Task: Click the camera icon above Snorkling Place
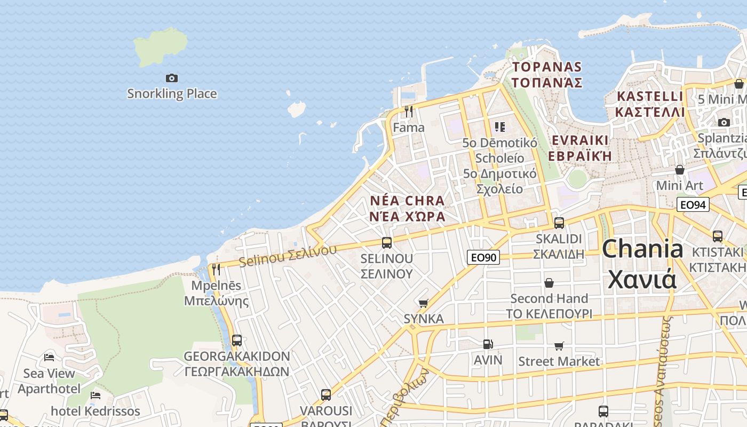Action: [171, 78]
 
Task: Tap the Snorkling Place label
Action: [172, 94]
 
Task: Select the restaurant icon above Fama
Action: [409, 112]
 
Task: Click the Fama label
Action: [409, 128]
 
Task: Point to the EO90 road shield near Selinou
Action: [483, 257]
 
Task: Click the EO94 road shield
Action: [693, 204]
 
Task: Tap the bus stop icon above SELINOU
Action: [387, 243]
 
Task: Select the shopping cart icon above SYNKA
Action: [424, 303]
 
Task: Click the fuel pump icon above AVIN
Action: [488, 344]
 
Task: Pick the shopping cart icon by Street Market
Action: [559, 346]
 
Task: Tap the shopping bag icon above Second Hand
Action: [549, 283]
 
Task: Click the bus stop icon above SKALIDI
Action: [559, 223]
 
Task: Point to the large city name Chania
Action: [642, 250]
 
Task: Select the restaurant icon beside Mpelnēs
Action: [216, 269]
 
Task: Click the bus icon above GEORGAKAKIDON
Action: [237, 340]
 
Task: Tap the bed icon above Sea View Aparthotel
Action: [49, 357]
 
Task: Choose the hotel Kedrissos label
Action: [95, 412]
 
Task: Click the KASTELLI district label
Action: [649, 97]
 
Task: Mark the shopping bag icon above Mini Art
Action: [680, 170]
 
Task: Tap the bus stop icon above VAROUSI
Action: [326, 395]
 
